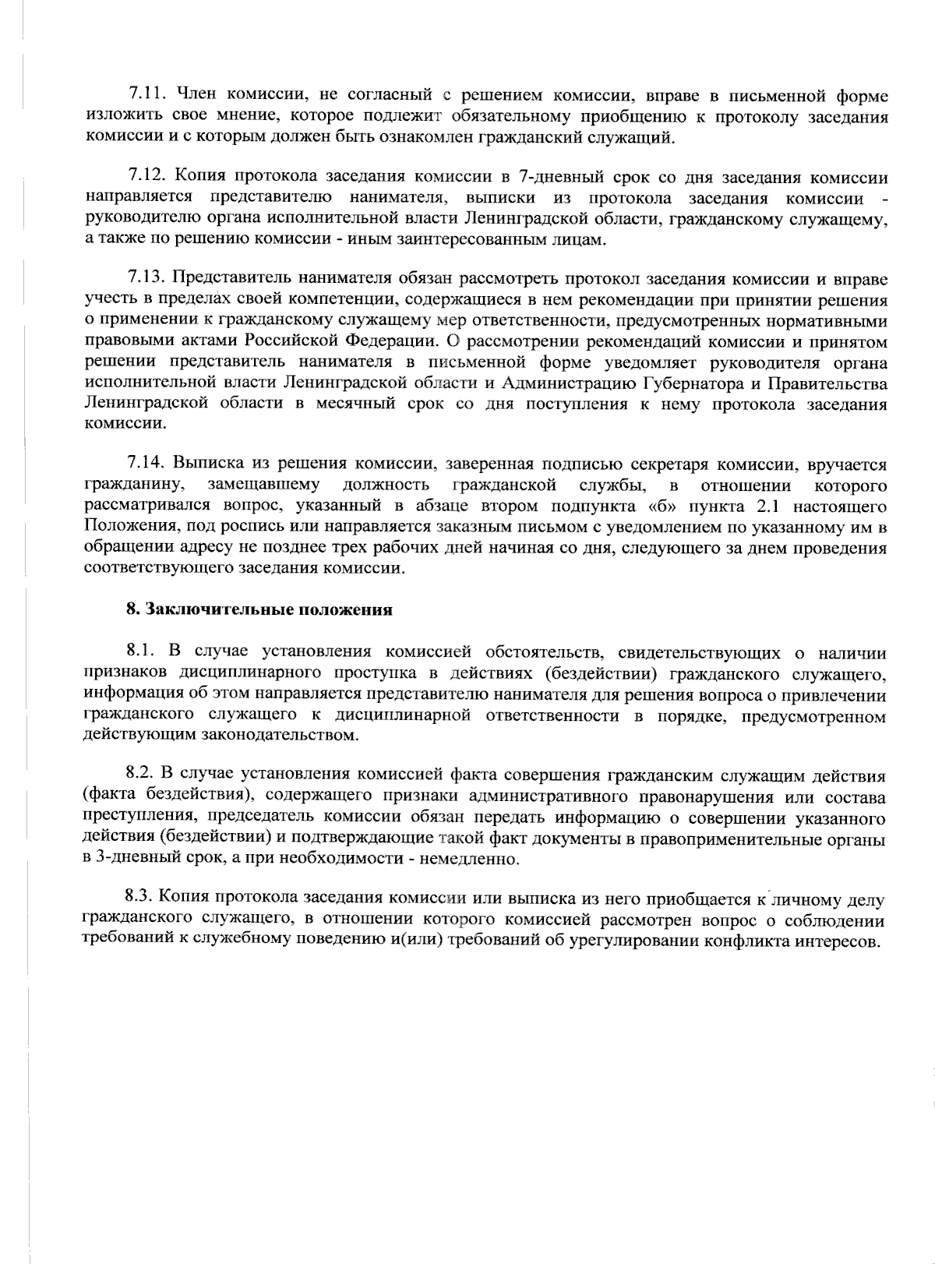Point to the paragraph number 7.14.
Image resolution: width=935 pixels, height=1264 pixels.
coord(146,464)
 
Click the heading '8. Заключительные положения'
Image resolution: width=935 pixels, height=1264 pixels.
coord(259,609)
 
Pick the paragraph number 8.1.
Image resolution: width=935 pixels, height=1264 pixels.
coord(142,651)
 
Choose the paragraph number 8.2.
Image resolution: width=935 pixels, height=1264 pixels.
coord(142,776)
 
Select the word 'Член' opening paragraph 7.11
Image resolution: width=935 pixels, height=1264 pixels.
coord(196,95)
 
